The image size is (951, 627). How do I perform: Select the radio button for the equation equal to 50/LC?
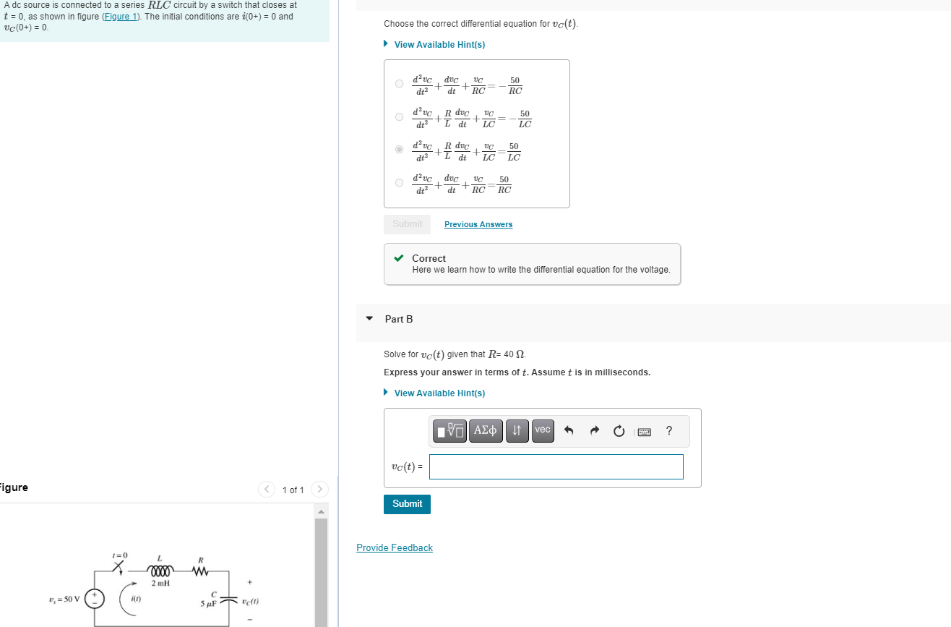(x=399, y=150)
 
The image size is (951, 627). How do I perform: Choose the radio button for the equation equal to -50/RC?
(x=399, y=83)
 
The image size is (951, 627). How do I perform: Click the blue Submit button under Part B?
(x=407, y=504)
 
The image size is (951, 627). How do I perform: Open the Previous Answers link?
(x=478, y=224)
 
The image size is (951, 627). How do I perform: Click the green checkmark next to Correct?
(x=398, y=258)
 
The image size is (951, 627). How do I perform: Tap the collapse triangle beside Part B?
(x=369, y=318)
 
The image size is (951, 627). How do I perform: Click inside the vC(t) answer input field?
(x=556, y=466)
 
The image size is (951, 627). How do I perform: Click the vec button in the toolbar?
(x=543, y=430)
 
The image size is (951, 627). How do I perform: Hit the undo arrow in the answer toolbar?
(x=569, y=431)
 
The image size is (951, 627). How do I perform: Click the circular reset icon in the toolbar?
(x=619, y=431)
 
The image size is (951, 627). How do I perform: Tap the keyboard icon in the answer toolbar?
(x=644, y=432)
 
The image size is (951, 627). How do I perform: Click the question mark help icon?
(x=668, y=431)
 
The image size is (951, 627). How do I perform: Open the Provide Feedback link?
(x=395, y=547)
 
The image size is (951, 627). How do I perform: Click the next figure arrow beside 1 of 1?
(x=319, y=490)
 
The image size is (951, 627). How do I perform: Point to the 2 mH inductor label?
(x=160, y=583)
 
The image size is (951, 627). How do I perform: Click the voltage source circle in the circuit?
(x=95, y=598)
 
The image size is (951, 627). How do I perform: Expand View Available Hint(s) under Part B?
(x=439, y=393)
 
